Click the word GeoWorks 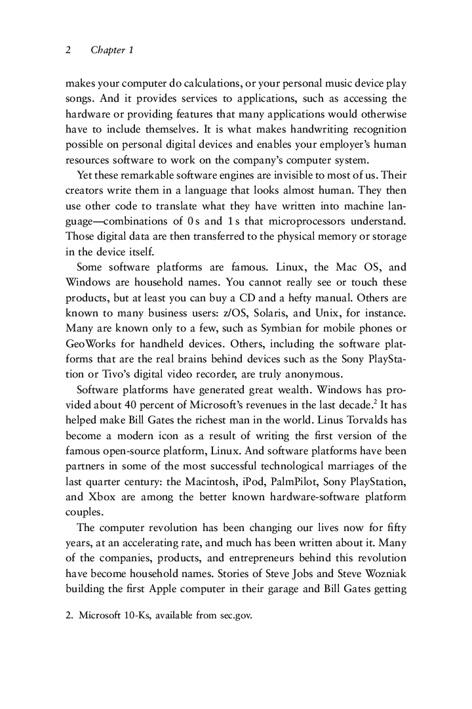click(x=88, y=343)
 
